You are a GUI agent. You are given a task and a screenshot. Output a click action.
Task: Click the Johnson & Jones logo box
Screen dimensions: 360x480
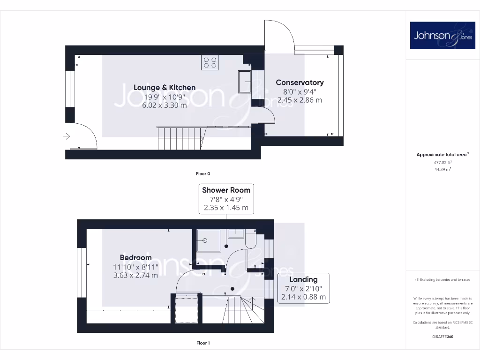442,35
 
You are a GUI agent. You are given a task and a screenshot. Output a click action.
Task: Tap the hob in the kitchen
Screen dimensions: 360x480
210,62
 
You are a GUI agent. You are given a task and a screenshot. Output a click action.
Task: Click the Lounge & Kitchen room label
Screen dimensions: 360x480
165,87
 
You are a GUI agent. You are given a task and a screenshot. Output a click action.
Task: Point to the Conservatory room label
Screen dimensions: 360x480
300,82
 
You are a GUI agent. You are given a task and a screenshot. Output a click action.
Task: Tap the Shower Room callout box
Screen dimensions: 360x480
226,198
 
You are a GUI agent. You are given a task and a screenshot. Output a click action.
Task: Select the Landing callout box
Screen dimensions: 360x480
303,288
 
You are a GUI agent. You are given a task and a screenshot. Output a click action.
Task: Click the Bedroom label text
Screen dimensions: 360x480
135,257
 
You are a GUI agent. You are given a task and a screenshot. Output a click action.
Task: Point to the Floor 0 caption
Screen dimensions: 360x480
203,173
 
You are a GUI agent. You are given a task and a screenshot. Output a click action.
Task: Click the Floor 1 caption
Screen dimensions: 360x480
203,343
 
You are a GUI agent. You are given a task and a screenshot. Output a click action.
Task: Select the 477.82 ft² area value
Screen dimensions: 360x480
442,162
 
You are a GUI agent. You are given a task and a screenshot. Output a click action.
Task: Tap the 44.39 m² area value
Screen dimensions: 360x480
442,170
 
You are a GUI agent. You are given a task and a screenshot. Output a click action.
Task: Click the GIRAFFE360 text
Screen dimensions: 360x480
442,337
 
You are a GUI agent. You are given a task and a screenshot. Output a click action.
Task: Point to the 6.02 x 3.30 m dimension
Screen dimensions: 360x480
165,105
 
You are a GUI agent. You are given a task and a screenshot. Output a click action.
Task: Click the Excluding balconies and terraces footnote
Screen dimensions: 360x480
442,280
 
